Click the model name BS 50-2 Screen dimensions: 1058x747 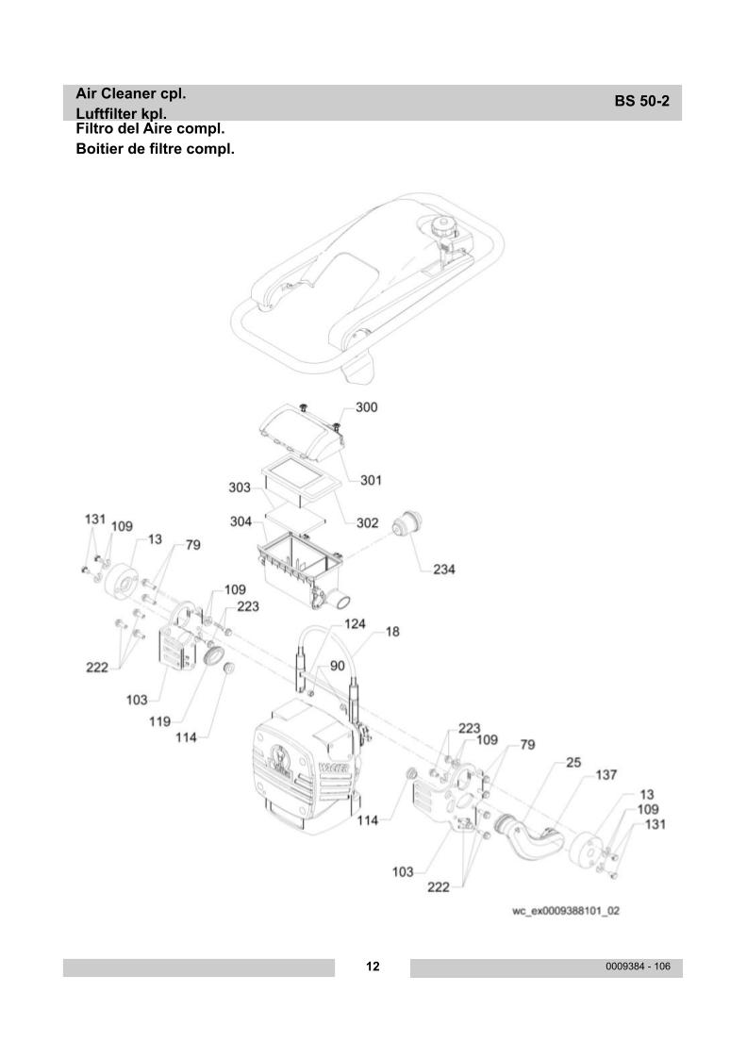pyautogui.click(x=641, y=102)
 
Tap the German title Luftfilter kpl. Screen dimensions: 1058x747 pyautogui.click(x=126, y=113)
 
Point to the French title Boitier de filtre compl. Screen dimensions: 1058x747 pyautogui.click(x=155, y=149)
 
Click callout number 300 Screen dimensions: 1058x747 pyautogui.click(x=366, y=407)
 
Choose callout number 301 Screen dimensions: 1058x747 pyautogui.click(x=371, y=480)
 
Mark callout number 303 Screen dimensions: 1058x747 pyautogui.click(x=239, y=488)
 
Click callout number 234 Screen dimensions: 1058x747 pyautogui.click(x=444, y=569)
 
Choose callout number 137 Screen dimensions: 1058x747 pyautogui.click(x=606, y=775)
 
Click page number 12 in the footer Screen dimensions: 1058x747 pyautogui.click(x=373, y=967)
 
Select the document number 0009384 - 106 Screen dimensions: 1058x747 pyautogui.click(x=638, y=967)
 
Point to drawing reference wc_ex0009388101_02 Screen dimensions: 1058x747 pyautogui.click(x=566, y=912)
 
